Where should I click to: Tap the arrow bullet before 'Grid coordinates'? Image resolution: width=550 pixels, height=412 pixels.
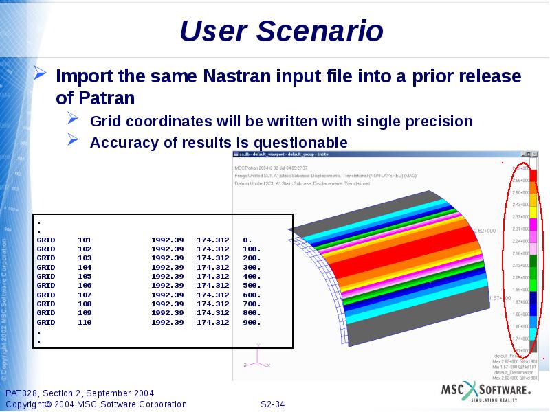coord(74,120)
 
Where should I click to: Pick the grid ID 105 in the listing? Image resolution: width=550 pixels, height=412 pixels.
coord(85,276)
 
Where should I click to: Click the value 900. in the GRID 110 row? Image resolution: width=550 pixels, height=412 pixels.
coord(252,322)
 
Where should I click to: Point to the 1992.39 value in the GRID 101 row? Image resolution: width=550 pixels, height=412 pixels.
coord(167,240)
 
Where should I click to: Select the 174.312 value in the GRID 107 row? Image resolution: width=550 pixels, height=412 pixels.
coord(212,295)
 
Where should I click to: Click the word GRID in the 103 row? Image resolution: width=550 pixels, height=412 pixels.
coord(46,258)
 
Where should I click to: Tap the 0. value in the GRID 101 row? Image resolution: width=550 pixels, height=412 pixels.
coord(247,240)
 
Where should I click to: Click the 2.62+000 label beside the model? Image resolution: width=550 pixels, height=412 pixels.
coord(484,231)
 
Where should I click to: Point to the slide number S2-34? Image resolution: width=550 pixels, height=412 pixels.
coord(272,404)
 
